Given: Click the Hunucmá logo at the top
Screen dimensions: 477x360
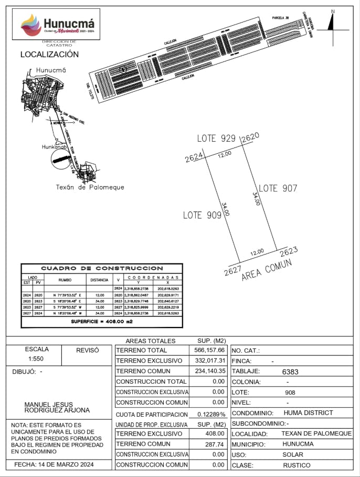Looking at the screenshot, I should [58, 25].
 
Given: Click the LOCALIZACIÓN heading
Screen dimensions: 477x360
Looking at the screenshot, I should [49, 54].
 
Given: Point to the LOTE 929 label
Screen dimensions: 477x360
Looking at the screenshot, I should [216, 139].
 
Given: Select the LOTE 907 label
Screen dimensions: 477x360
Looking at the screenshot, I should [278, 188].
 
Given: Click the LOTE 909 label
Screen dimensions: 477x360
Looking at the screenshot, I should [202, 215].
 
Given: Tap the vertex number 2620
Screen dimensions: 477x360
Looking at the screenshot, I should [250, 137].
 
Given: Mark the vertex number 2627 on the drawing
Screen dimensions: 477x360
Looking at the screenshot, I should [232, 271].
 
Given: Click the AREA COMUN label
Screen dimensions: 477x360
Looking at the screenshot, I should [267, 270].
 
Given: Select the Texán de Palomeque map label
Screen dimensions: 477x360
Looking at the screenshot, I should [90, 187].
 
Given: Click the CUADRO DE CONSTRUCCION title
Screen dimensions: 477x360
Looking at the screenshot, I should [102, 268].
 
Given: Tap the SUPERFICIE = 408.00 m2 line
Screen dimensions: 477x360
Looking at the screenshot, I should [102, 320].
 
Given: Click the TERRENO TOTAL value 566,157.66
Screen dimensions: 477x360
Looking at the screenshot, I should [208, 350].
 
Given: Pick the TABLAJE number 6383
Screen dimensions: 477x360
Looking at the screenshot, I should [290, 372].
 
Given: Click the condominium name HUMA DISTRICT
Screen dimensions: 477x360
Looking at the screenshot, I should [308, 413].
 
